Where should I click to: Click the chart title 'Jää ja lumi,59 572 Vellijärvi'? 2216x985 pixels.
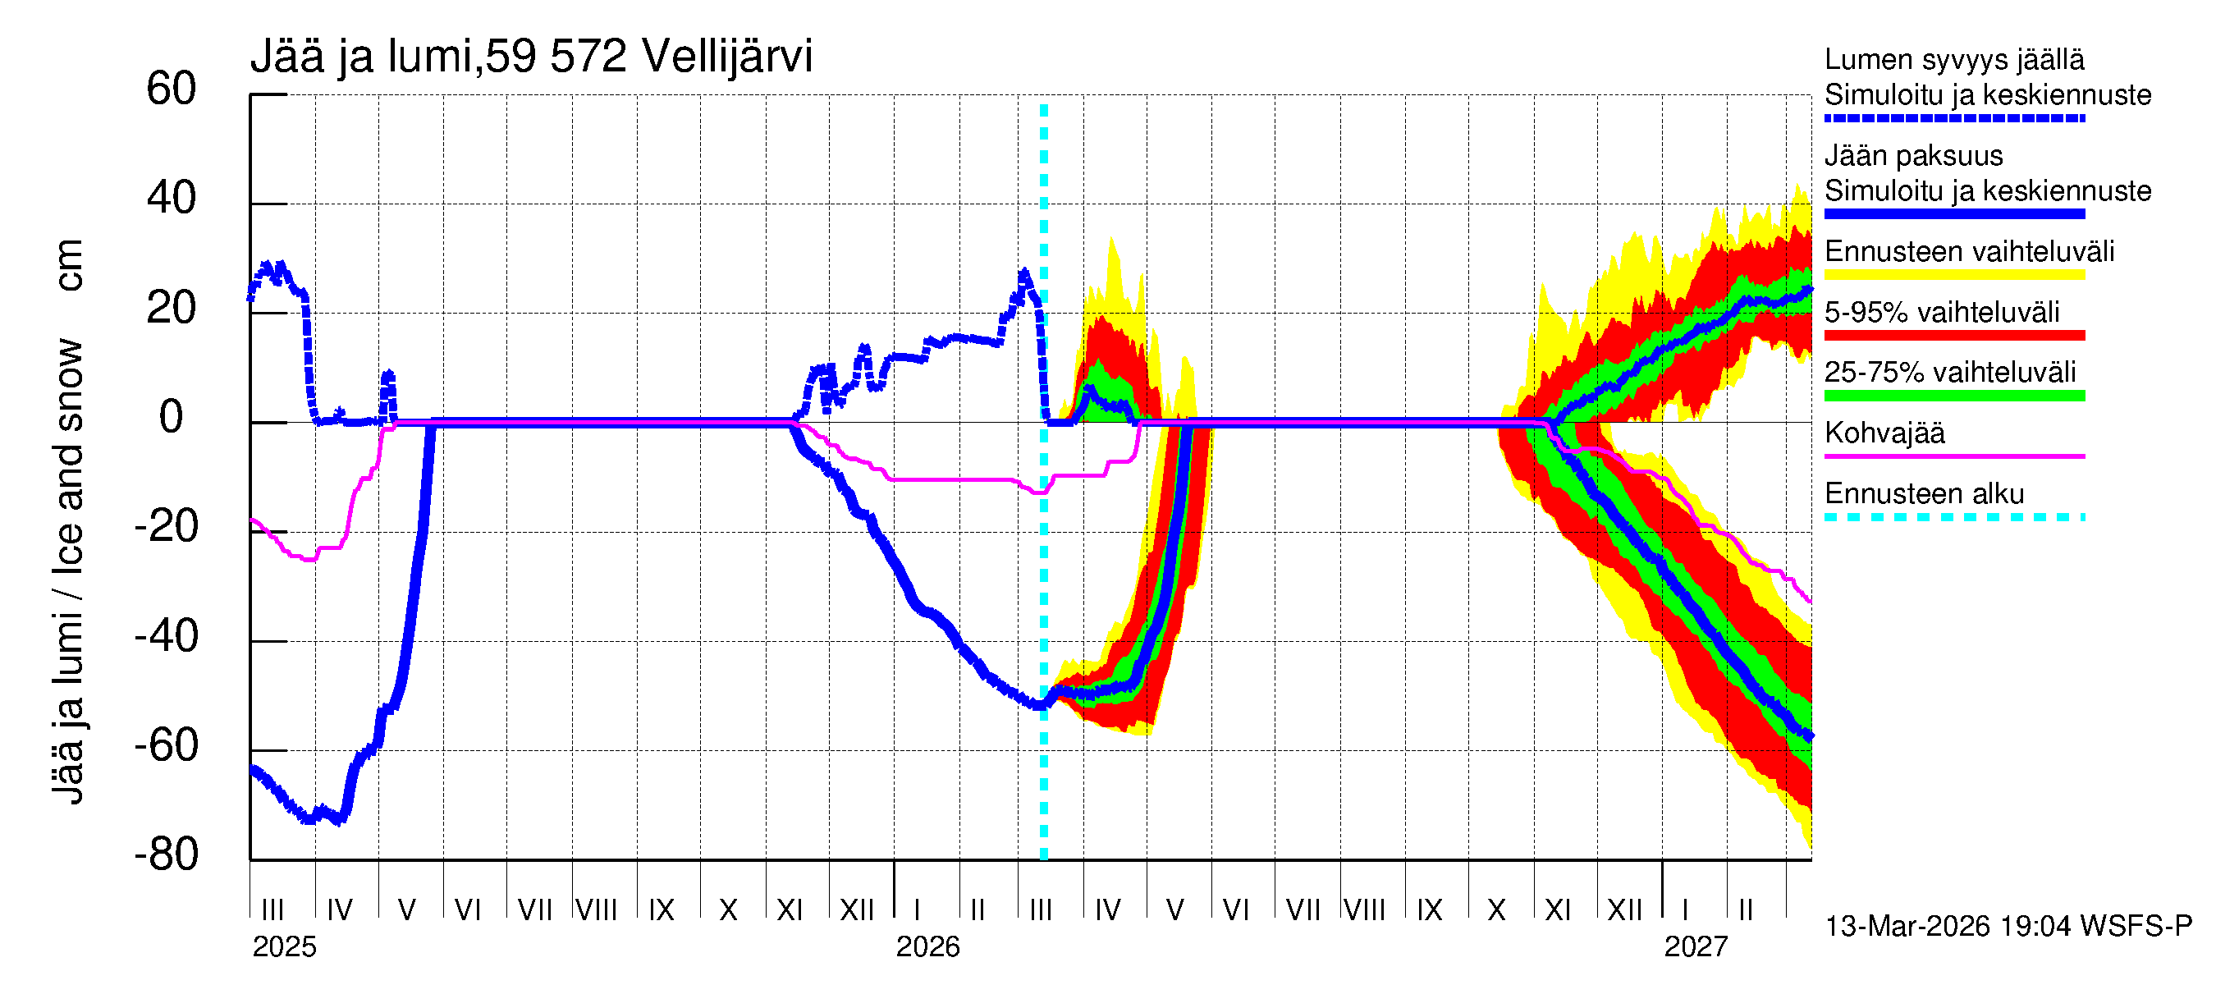pyautogui.click(x=531, y=57)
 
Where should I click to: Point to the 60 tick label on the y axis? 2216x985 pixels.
pyautogui.click(x=172, y=89)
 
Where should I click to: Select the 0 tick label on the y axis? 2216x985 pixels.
pyautogui.click(x=172, y=417)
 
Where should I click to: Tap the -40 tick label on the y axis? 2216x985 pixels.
pyautogui.click(x=166, y=637)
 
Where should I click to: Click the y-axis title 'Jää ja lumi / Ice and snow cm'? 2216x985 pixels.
pyautogui.click(x=68, y=520)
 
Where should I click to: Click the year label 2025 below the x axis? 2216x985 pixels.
pyautogui.click(x=284, y=947)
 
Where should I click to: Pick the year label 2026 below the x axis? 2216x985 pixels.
pyautogui.click(x=927, y=947)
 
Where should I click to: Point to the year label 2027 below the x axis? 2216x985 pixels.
pyautogui.click(x=1696, y=947)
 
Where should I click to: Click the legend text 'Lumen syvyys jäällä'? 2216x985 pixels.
pyautogui.click(x=1954, y=60)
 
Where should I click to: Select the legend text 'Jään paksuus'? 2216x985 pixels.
pyautogui.click(x=1914, y=156)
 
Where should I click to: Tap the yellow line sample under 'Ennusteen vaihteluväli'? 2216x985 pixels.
pyautogui.click(x=1954, y=275)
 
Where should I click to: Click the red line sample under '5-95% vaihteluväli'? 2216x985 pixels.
pyautogui.click(x=1954, y=336)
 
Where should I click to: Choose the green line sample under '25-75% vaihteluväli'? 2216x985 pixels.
pyautogui.click(x=1954, y=396)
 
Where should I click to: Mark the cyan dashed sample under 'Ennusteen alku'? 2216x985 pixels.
pyautogui.click(x=1954, y=517)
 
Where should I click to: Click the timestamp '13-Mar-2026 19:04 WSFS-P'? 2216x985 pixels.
pyautogui.click(x=2008, y=927)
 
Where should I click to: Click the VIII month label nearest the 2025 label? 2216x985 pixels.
pyautogui.click(x=596, y=910)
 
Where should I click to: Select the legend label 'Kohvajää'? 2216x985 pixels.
pyautogui.click(x=1884, y=433)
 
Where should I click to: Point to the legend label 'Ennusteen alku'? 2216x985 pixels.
pyautogui.click(x=1925, y=494)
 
